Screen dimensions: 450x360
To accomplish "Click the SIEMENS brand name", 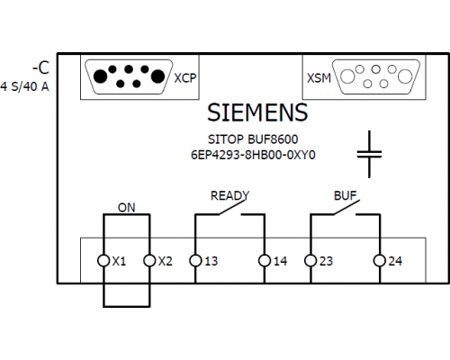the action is coord(257,112).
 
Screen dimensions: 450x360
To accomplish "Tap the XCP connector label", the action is coord(185,78).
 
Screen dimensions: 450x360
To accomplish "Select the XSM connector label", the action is coord(319,78).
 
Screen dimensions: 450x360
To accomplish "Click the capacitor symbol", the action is coord(369,154).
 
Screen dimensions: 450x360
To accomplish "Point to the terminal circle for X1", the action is coord(103,260).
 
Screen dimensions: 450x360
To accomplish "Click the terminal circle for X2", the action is coord(149,260).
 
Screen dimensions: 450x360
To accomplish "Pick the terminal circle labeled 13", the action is coord(195,260).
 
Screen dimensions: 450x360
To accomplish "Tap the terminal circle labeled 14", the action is coord(265,260).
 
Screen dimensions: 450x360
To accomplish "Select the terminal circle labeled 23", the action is coord(310,260).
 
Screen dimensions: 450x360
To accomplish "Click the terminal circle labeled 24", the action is coord(380,260).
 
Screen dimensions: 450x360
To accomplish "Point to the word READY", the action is coord(229,196).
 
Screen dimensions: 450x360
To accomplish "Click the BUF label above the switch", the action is coord(346,196).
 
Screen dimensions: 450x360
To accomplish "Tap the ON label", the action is coord(127,208).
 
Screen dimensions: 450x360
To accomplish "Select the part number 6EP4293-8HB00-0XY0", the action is coord(253,155).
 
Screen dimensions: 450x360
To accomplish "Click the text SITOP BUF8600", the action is coord(253,139).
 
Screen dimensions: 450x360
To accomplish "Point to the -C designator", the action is coord(40,68).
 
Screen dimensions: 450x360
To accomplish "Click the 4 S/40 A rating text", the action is coord(24,86).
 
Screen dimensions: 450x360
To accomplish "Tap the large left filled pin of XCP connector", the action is coord(101,76).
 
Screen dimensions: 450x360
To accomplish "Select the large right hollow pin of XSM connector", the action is coord(405,76).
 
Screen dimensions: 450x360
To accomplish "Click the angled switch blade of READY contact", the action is coord(232,207).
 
